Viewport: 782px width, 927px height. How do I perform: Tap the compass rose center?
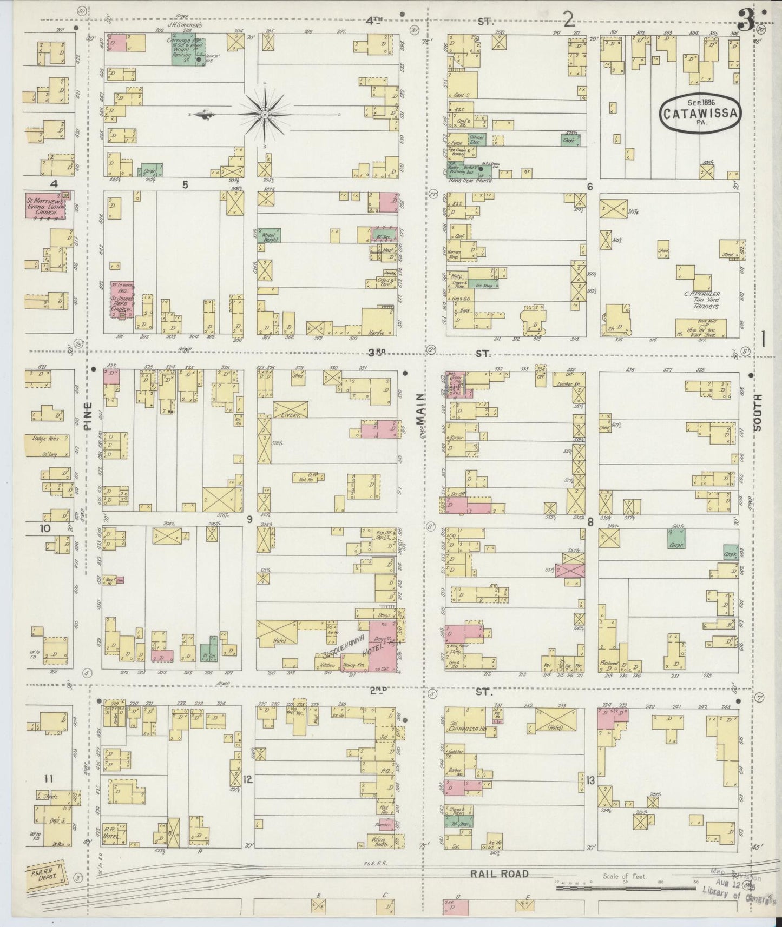coord(265,115)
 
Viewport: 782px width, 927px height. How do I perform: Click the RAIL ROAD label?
coord(499,873)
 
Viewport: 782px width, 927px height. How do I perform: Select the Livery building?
coord(291,409)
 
